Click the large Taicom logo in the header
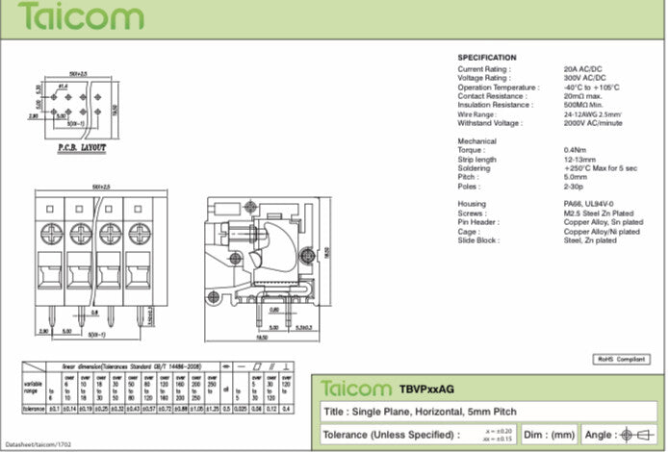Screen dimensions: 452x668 81,16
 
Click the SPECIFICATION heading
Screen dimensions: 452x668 486,58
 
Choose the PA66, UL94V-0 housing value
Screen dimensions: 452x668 591,204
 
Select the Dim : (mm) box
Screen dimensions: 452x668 552,436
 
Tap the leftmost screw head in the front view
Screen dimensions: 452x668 50,232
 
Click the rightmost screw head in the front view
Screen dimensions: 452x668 140,232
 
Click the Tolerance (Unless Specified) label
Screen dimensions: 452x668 379,436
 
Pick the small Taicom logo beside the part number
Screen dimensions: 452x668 356,389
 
